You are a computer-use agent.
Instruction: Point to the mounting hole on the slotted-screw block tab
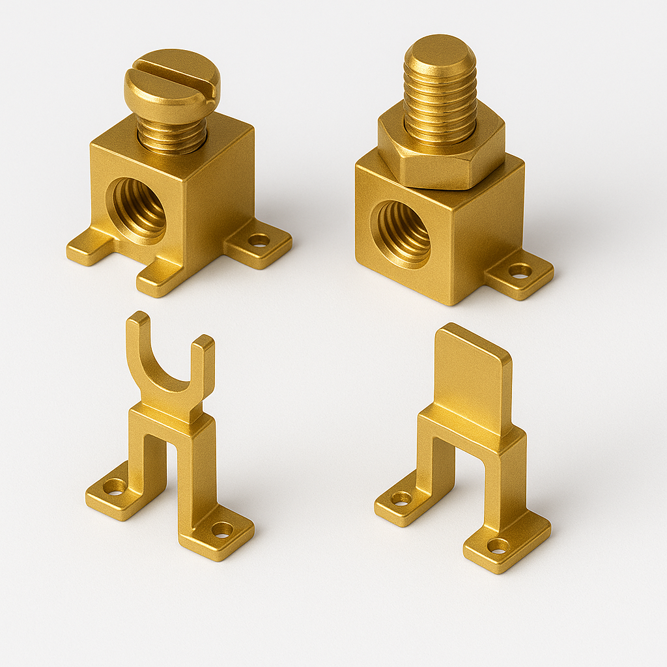(259, 240)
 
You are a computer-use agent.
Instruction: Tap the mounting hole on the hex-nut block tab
(519, 270)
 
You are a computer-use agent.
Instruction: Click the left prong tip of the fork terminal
(137, 319)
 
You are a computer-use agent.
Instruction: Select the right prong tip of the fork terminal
(204, 341)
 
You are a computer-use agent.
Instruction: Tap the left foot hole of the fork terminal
(115, 486)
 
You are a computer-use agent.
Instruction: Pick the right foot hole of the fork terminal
(221, 530)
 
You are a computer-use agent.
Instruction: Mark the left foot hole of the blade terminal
(401, 498)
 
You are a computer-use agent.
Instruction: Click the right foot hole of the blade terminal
(498, 545)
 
